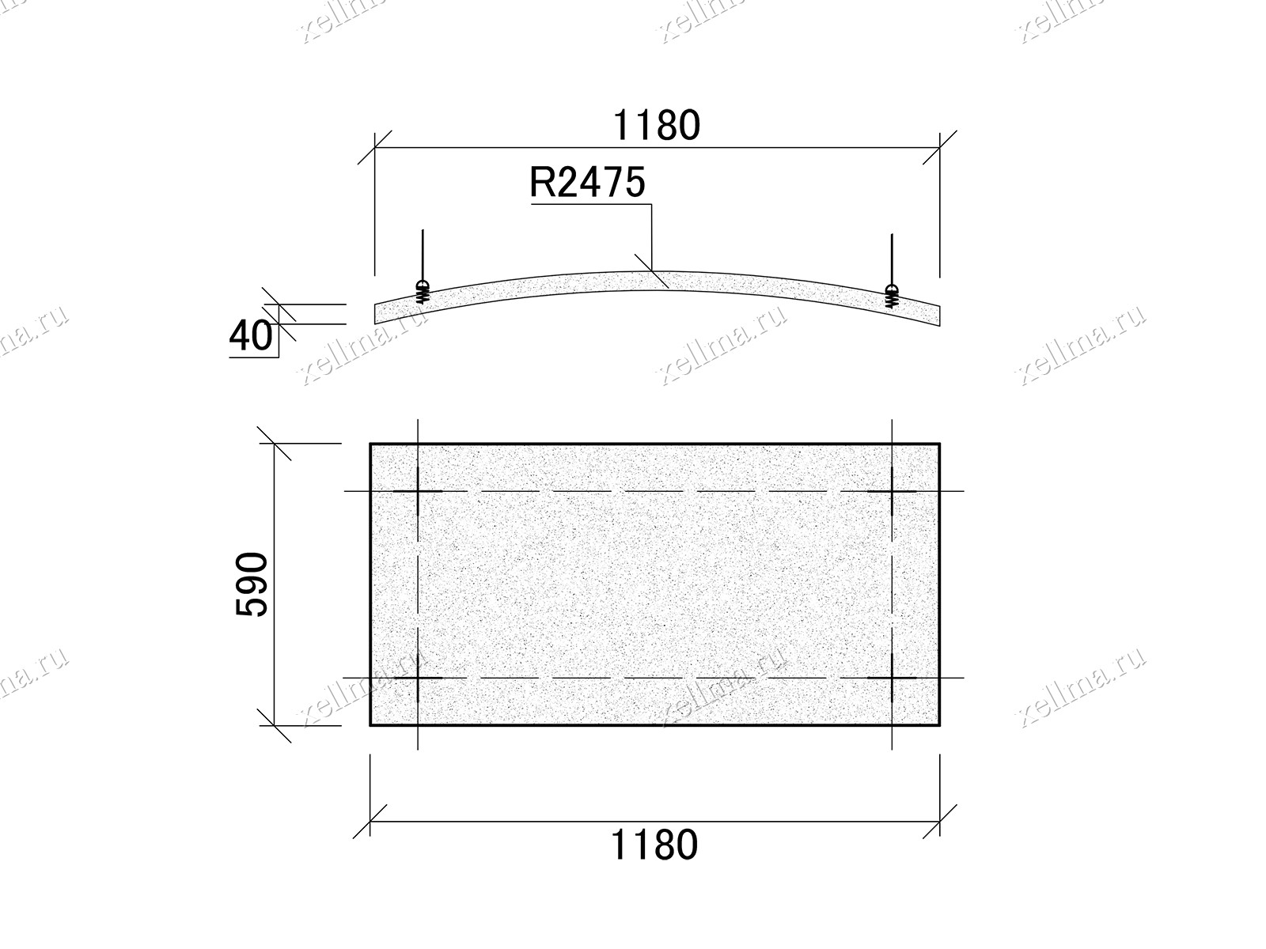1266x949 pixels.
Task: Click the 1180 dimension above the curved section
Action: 657,125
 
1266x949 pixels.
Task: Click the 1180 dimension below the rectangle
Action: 654,845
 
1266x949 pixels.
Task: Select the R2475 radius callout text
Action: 587,183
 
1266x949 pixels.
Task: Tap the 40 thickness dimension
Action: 251,336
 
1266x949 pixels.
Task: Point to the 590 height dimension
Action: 252,584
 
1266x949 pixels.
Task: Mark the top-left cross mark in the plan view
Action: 418,491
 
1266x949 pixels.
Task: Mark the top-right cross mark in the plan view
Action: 893,491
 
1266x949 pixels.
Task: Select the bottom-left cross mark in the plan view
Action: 418,678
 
